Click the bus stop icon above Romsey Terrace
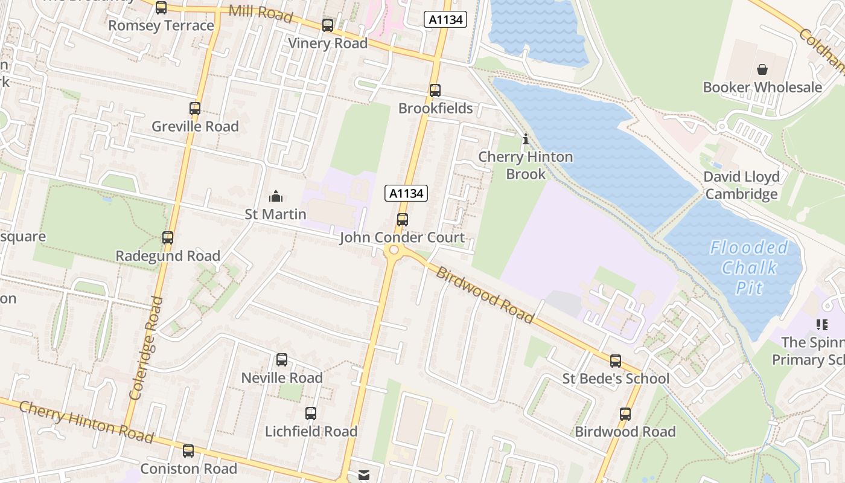[x=161, y=8]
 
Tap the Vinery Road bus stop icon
[x=328, y=25]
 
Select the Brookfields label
[x=435, y=109]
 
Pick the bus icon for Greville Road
[x=195, y=109]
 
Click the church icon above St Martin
[x=276, y=196]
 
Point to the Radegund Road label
[x=168, y=256]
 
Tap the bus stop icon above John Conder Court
[x=403, y=220]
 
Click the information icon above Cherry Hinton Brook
[x=525, y=139]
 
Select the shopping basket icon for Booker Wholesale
[x=762, y=69]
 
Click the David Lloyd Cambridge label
[x=742, y=185]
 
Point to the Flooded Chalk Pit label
[x=749, y=267]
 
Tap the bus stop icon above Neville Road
[x=282, y=360]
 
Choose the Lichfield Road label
[x=311, y=432]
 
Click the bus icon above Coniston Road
[x=188, y=451]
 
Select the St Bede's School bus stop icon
[x=616, y=361]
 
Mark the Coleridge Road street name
[x=144, y=348]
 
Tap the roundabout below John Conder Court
[x=394, y=250]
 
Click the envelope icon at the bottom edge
[x=364, y=476]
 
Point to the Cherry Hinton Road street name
[x=86, y=421]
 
